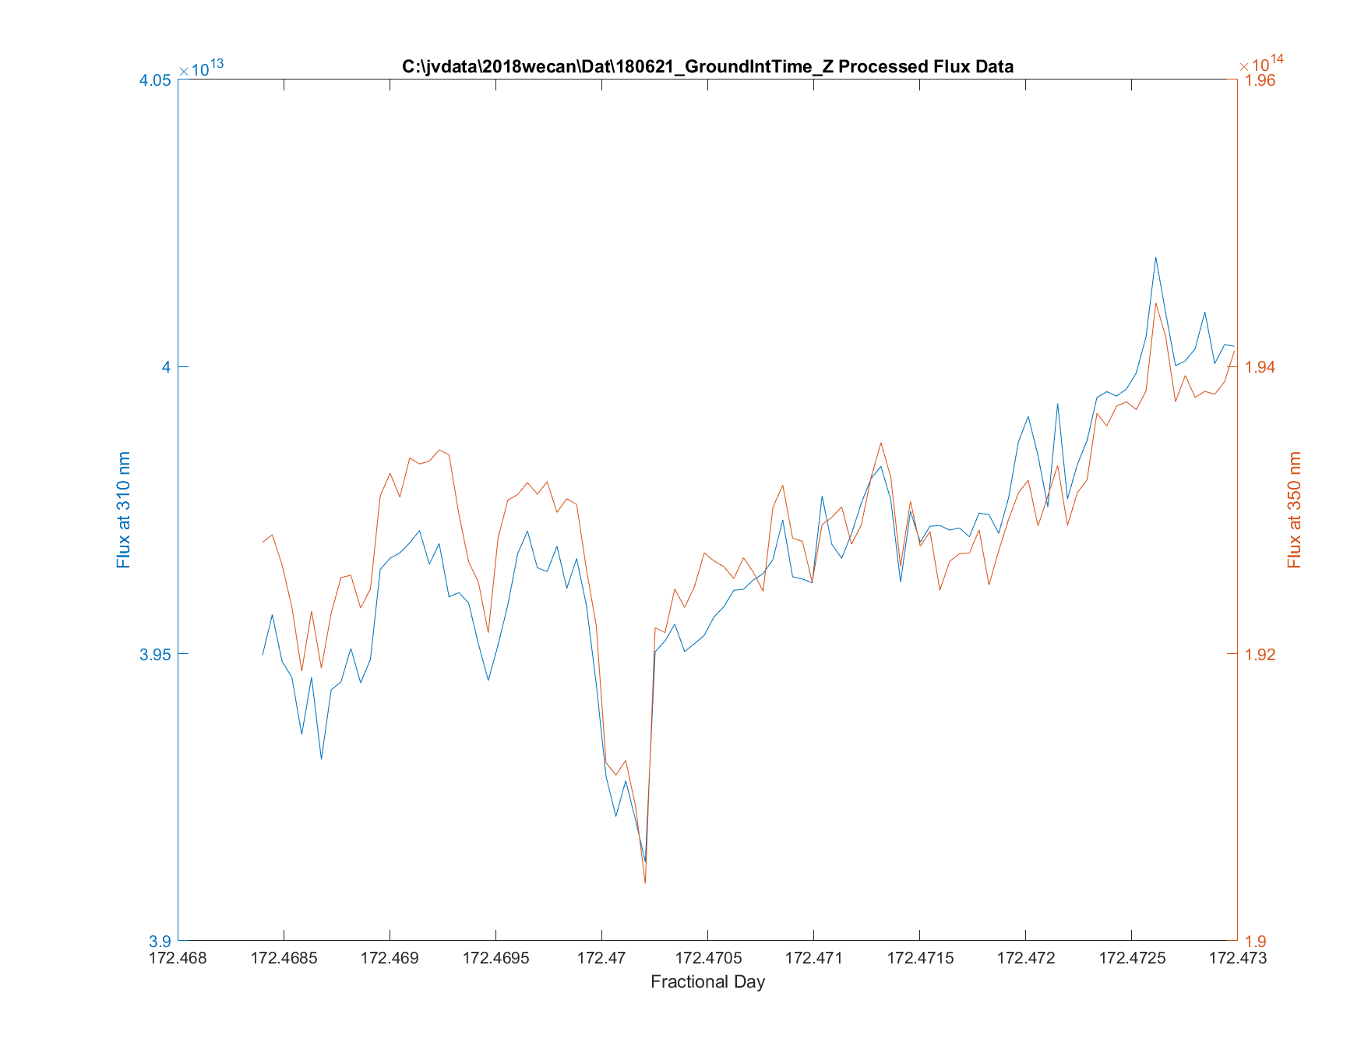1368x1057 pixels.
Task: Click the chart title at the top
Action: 707,66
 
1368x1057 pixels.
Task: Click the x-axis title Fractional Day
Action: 707,982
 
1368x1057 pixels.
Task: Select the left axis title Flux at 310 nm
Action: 123,510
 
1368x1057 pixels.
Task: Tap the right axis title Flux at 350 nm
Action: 1295,510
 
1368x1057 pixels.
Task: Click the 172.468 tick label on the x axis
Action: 178,958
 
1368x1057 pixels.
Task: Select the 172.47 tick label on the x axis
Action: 601,958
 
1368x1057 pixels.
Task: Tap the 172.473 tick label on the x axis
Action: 1237,958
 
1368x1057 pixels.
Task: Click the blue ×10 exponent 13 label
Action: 201,69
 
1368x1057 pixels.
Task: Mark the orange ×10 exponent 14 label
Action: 1261,64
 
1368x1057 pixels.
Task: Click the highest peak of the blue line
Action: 1155,257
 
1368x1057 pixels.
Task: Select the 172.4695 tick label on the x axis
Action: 495,958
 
